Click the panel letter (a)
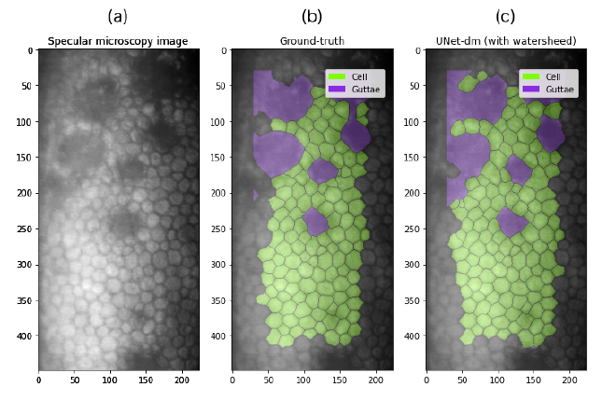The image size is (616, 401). click(x=118, y=16)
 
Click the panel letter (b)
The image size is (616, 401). click(x=312, y=16)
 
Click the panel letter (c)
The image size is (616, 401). click(x=505, y=16)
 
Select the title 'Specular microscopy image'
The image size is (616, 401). click(x=118, y=41)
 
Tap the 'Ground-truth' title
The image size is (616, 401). click(x=312, y=41)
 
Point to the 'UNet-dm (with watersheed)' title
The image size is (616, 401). click(x=505, y=41)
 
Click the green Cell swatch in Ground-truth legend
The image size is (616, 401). click(x=337, y=76)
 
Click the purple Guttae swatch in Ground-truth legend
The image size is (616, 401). click(x=337, y=89)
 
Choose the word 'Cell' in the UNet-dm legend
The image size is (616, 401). click(x=553, y=76)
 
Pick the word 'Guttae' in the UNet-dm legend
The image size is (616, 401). click(x=559, y=89)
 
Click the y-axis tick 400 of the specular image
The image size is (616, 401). click(x=23, y=336)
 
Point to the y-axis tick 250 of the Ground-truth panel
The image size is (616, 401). click(x=217, y=228)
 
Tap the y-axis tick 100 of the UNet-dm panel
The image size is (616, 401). click(x=412, y=121)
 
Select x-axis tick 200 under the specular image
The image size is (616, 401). click(x=182, y=380)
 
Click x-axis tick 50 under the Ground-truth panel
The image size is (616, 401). click(x=268, y=380)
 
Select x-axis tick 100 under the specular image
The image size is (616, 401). click(x=110, y=380)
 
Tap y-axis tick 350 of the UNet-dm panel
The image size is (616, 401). click(x=412, y=300)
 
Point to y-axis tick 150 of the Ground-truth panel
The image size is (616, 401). click(x=217, y=157)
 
